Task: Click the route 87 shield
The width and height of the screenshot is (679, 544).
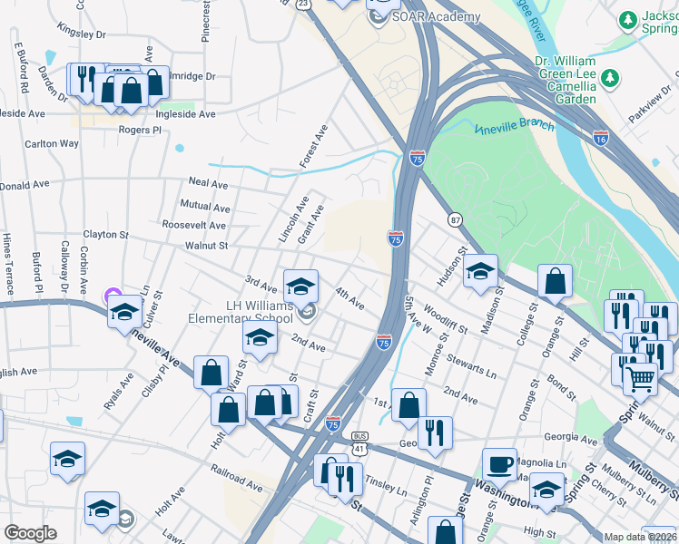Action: [455, 219]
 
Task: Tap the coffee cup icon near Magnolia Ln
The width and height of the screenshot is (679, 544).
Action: [498, 464]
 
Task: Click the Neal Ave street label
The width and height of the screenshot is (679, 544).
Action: [208, 183]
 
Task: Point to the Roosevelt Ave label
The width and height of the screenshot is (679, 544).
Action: [193, 225]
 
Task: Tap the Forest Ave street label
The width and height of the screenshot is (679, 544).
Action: [314, 147]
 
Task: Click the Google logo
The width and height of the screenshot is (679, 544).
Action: [30, 533]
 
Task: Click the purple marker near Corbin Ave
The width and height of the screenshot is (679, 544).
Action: [113, 295]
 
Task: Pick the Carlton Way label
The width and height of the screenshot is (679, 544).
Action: [52, 143]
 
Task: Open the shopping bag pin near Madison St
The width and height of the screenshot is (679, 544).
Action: [555, 282]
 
